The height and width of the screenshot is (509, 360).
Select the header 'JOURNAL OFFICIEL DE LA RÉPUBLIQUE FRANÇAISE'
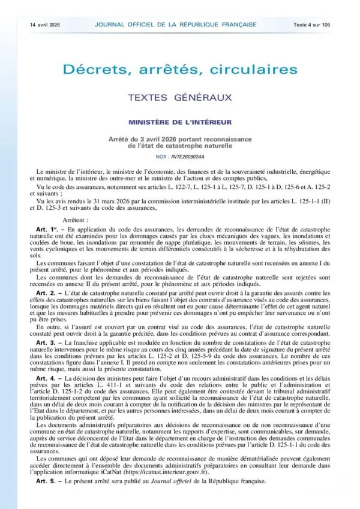click(x=176, y=24)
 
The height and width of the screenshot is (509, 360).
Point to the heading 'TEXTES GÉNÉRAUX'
click(x=180, y=97)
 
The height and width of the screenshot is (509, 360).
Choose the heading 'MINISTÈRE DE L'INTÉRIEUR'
click(x=180, y=122)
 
